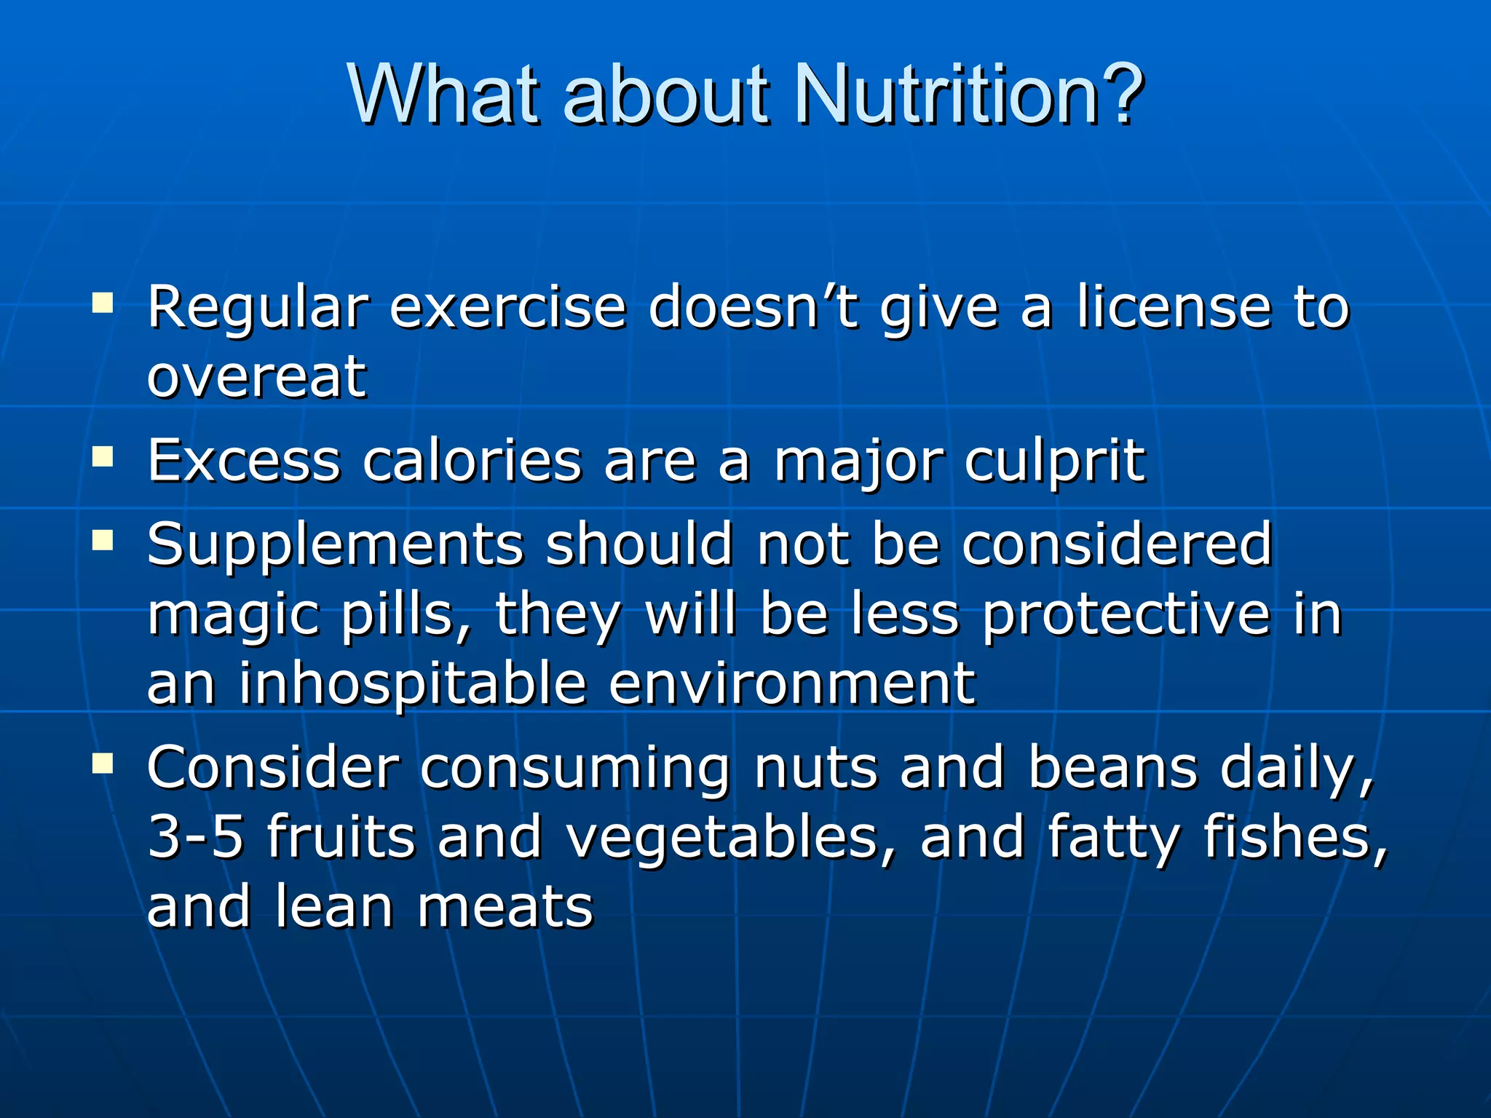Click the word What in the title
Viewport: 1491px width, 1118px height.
(444, 95)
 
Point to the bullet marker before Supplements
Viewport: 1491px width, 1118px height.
(103, 540)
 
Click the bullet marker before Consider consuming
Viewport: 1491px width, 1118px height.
(103, 763)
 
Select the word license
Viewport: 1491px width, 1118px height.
(1174, 307)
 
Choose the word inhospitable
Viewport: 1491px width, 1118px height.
(413, 684)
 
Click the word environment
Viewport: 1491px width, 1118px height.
(791, 684)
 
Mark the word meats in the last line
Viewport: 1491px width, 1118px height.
(505, 907)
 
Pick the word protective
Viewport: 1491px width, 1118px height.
(1126, 615)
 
